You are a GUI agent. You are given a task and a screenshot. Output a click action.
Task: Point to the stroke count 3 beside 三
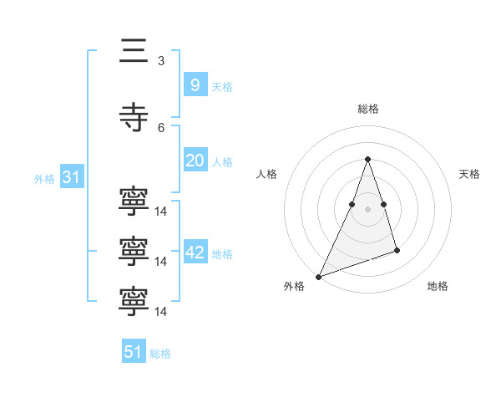coord(161,60)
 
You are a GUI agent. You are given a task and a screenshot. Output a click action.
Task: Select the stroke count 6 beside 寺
coord(161,127)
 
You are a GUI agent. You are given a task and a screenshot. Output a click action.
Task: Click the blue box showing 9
coord(195,84)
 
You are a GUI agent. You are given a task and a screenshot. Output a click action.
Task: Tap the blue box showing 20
coord(195,161)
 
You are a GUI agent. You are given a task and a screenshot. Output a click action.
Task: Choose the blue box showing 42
coord(195,252)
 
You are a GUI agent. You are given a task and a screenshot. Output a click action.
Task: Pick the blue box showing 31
coord(71,177)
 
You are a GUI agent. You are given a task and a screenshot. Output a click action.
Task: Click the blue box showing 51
coord(134,352)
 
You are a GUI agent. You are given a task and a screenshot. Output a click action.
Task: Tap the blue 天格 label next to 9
coord(222,86)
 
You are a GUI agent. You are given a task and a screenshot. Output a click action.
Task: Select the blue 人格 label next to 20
coord(222,162)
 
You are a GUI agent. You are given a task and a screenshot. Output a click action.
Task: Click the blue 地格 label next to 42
coord(222,253)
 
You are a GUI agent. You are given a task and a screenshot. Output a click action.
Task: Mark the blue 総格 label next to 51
coord(160,354)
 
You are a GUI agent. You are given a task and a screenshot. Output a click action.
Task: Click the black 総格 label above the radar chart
coord(367,109)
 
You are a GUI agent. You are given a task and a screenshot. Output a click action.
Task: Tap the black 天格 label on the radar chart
coord(470,174)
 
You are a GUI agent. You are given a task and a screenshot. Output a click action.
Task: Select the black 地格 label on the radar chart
coord(438,287)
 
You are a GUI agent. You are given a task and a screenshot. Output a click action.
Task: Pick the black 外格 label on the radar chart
coord(294,287)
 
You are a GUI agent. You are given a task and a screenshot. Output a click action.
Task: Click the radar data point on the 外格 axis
coord(318,276)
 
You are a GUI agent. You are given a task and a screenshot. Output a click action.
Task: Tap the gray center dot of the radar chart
coord(367,209)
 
